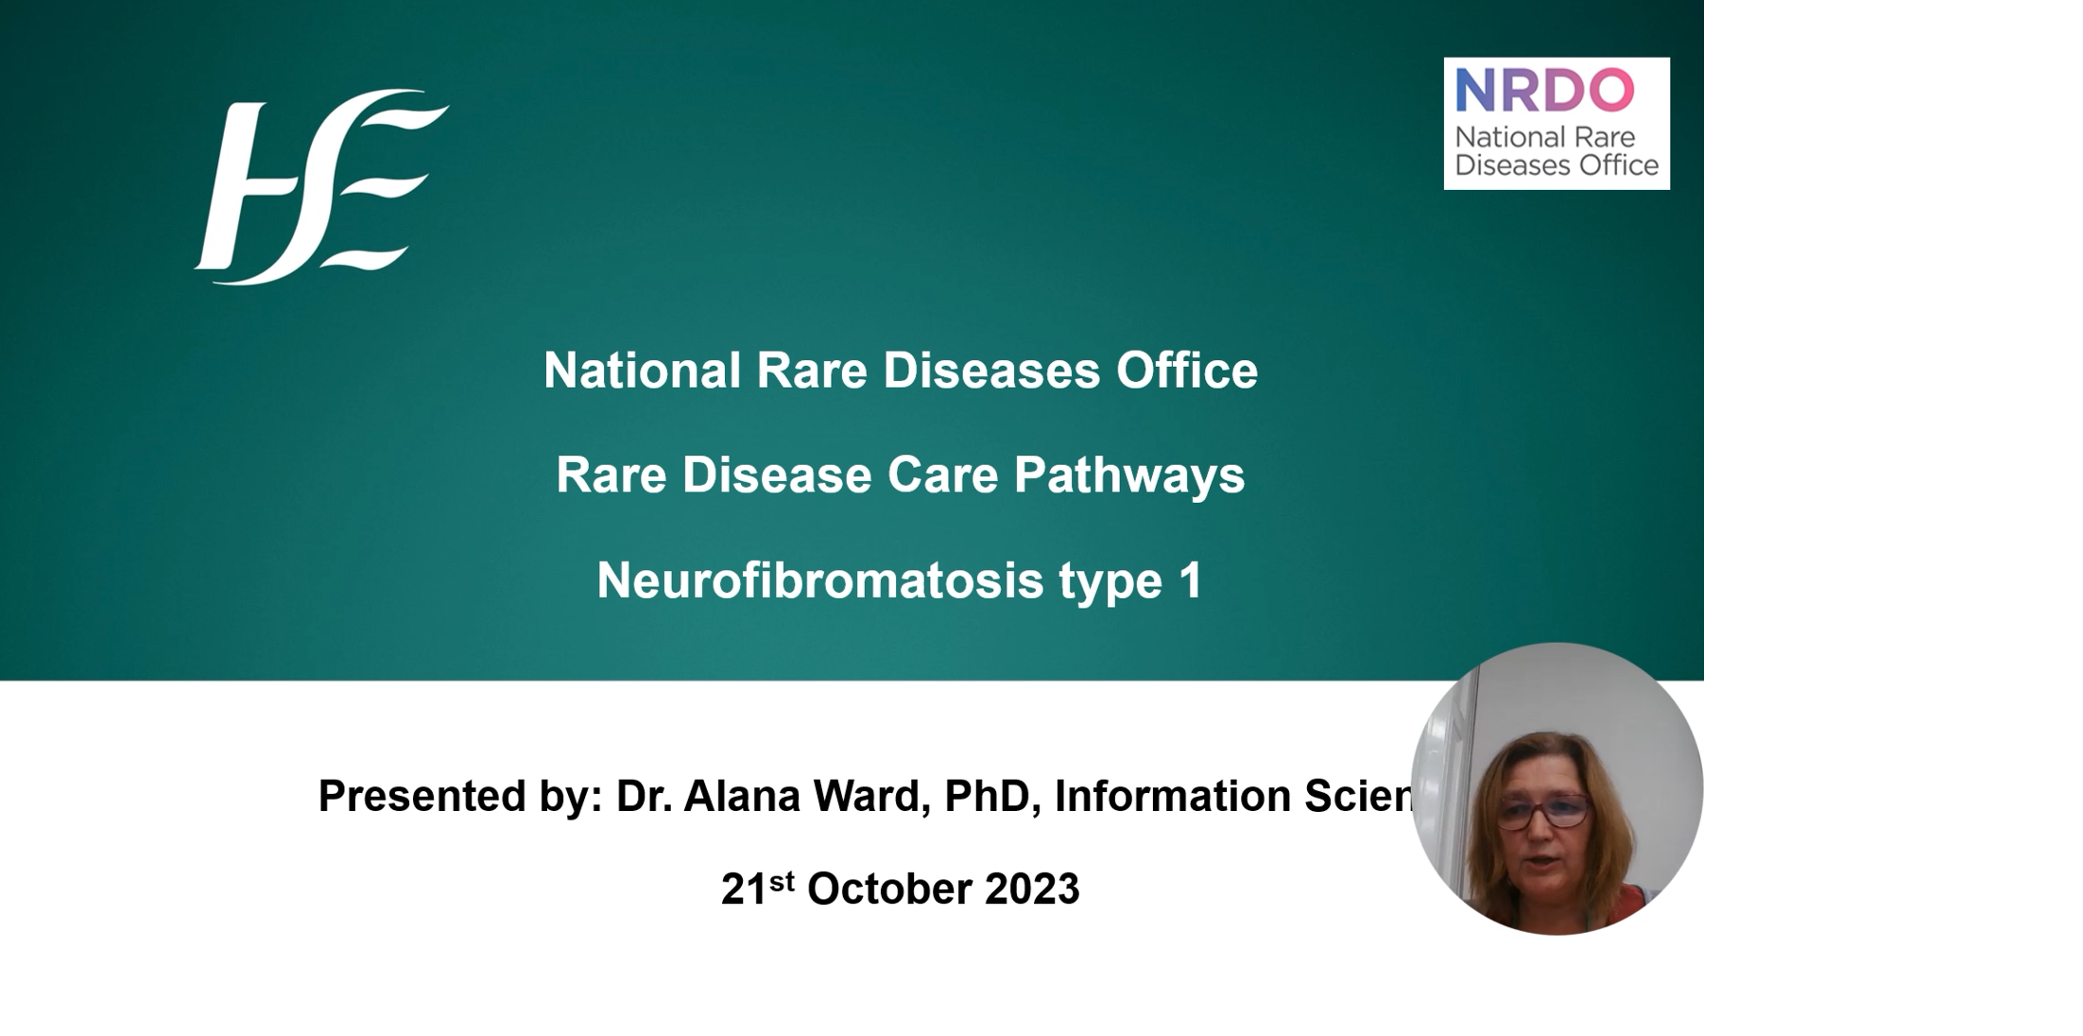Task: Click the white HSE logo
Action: tap(321, 187)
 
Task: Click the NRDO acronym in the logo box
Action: tap(1544, 91)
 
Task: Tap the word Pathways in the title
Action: tap(1129, 475)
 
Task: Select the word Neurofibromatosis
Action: tap(819, 580)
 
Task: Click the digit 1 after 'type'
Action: tap(1191, 580)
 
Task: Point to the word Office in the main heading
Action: tap(1187, 371)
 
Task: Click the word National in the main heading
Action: tap(642, 371)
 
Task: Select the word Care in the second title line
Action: tap(942, 475)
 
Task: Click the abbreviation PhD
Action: tap(986, 796)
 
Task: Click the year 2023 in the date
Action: tap(1032, 889)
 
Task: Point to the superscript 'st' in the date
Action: tap(782, 881)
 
